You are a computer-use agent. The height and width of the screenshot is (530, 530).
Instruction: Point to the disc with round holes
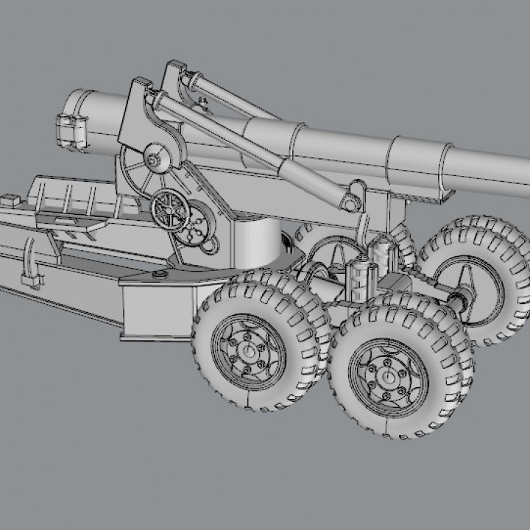click(196, 235)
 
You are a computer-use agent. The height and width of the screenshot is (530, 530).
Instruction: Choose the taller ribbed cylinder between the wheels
click(382, 254)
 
